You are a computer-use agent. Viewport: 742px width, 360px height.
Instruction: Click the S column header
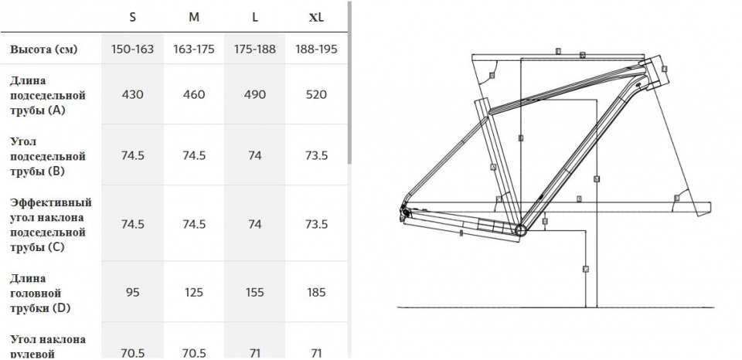pyautogui.click(x=132, y=16)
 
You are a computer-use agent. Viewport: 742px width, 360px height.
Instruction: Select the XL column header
pyautogui.click(x=316, y=16)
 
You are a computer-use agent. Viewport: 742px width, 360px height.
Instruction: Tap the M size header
pyautogui.click(x=193, y=16)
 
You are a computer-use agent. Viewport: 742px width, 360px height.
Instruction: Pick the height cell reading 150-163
pyautogui.click(x=132, y=49)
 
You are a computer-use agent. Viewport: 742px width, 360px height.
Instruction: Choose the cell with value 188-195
pyautogui.click(x=316, y=49)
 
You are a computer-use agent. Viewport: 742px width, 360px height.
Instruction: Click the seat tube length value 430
pyautogui.click(x=132, y=94)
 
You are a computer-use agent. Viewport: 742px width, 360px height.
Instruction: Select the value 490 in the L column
pyautogui.click(x=254, y=94)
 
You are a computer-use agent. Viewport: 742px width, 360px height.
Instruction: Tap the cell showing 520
pyautogui.click(x=316, y=94)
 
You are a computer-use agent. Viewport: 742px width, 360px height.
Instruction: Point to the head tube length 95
pyautogui.click(x=132, y=292)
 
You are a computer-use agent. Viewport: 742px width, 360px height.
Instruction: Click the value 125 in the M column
pyautogui.click(x=193, y=292)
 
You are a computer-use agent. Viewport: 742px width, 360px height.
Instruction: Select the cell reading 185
pyautogui.click(x=316, y=292)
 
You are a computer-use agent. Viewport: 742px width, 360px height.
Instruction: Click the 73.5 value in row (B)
pyautogui.click(x=316, y=155)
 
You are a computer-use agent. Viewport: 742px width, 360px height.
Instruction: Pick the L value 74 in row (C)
pyautogui.click(x=254, y=224)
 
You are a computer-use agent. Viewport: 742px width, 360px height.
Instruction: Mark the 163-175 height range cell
pyautogui.click(x=193, y=49)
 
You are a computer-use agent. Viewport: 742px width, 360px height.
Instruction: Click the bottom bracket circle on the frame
pyautogui.click(x=520, y=229)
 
